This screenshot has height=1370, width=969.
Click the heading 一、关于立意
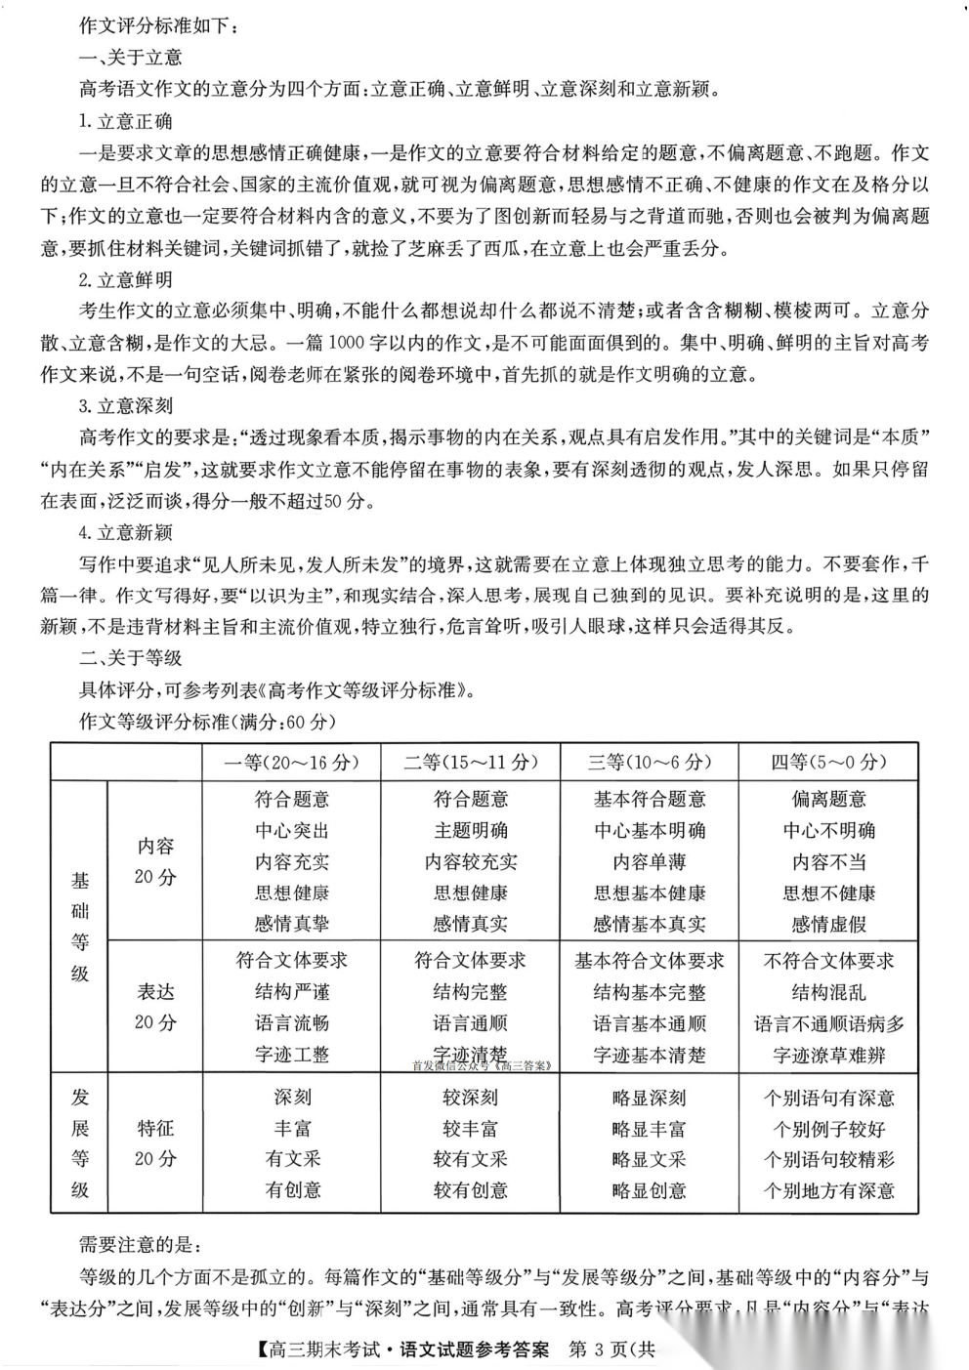130,58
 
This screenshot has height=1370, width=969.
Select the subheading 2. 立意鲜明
125,280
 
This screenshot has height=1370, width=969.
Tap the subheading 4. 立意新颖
125,532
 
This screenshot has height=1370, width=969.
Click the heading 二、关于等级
130,658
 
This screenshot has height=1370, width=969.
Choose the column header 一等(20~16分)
291,763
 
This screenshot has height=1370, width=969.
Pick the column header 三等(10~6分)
649,763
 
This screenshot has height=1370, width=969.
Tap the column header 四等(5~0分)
828,763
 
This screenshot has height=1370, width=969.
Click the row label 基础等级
80,927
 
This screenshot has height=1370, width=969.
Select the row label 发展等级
80,1143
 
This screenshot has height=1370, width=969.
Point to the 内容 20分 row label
155,861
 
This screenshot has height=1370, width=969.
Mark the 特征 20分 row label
155,1143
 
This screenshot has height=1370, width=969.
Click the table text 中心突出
292,831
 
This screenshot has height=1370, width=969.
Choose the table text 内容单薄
649,862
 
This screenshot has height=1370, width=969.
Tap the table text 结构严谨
292,992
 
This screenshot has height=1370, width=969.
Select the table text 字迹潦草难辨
828,1056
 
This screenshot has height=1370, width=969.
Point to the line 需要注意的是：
140,1245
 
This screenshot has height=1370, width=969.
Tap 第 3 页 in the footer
598,1350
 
